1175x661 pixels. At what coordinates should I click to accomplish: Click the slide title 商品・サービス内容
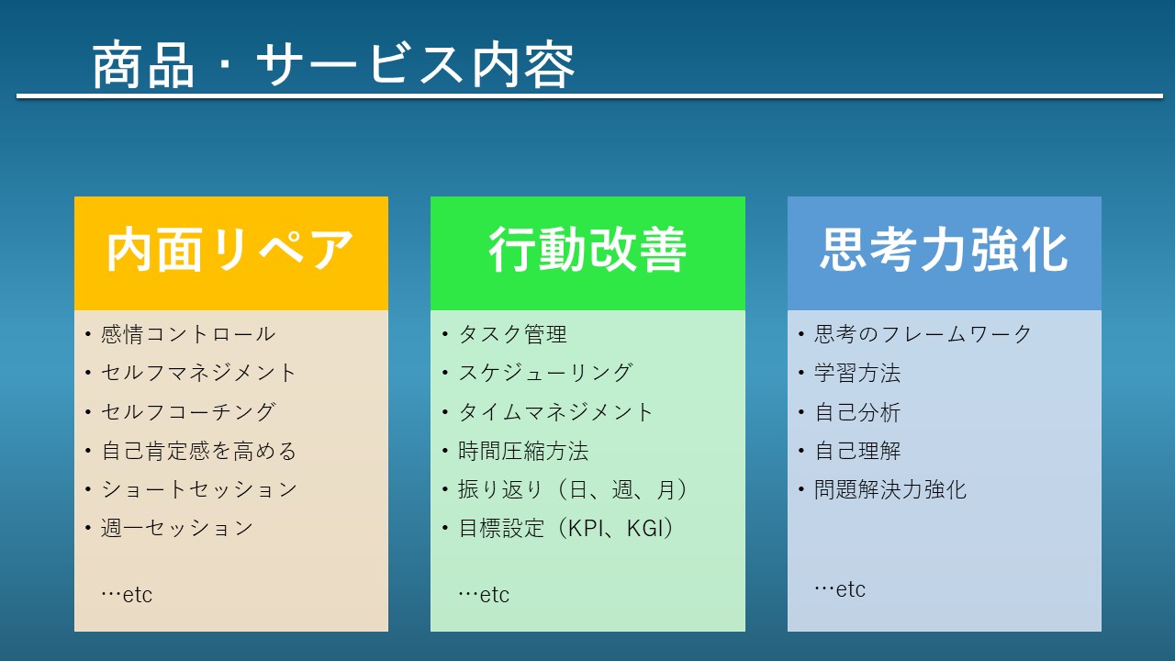click(x=333, y=64)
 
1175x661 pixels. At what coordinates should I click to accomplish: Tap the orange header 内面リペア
click(x=230, y=250)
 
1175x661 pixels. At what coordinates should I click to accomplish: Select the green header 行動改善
click(x=587, y=250)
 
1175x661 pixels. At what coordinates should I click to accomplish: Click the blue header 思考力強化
click(x=945, y=250)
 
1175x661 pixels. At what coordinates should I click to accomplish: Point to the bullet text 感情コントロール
click(x=188, y=334)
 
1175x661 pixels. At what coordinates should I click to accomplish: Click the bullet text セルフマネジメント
click(x=199, y=373)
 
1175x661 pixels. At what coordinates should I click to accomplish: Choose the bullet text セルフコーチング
click(x=188, y=412)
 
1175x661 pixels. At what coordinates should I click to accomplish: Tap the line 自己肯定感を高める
click(x=199, y=451)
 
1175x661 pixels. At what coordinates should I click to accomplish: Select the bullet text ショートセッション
click(x=199, y=489)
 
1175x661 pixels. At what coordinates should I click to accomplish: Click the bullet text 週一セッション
click(x=177, y=528)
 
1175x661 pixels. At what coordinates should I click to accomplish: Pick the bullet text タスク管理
click(x=512, y=334)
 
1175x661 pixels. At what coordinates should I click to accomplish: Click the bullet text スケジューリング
click(x=545, y=373)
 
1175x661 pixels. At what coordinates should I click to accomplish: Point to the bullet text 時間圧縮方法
click(x=523, y=451)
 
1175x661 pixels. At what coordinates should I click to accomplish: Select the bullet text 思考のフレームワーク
click(x=923, y=334)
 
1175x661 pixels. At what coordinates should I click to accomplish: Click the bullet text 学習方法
click(x=857, y=373)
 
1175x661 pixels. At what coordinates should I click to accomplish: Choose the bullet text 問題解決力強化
click(x=890, y=489)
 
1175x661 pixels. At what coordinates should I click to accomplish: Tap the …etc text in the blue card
click(x=840, y=589)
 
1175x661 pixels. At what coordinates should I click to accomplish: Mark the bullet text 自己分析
click(x=857, y=412)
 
